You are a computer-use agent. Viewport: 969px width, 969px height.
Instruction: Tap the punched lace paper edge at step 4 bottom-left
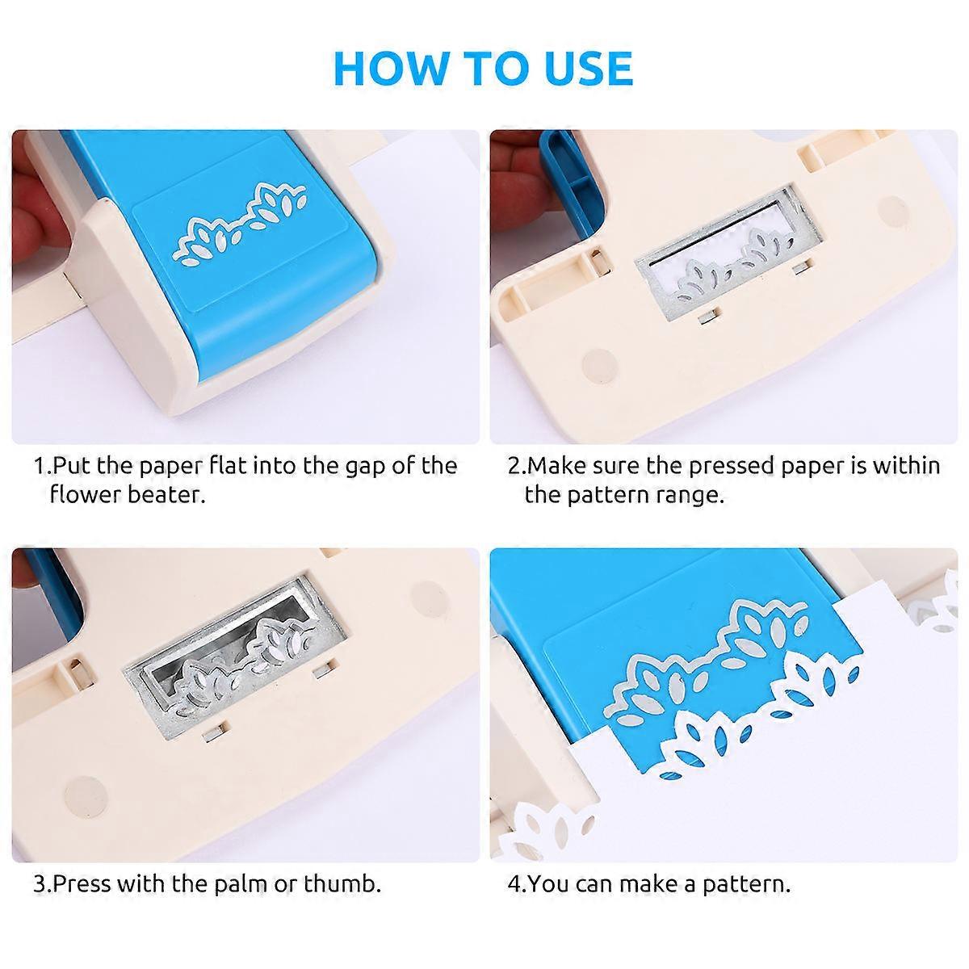(537, 832)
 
